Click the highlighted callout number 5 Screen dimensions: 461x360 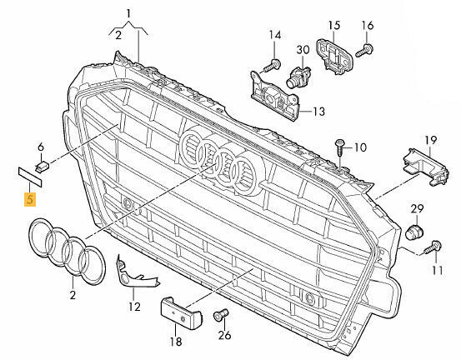click(x=30, y=199)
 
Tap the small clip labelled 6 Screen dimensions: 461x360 click(x=43, y=167)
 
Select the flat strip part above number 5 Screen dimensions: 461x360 click(x=30, y=177)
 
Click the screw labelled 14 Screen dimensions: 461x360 click(x=272, y=66)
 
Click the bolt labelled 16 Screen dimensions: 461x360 click(x=364, y=50)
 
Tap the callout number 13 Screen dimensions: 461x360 click(x=318, y=112)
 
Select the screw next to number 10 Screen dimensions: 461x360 click(x=339, y=148)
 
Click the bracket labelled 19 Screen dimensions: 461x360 click(x=425, y=167)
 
